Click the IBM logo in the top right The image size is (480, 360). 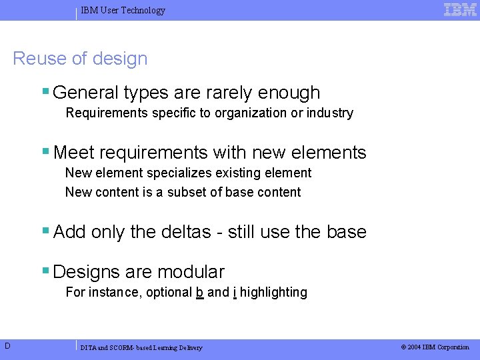460,9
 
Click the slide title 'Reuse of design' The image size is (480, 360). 80,59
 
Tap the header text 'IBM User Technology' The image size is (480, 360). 123,11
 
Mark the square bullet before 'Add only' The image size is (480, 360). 45,230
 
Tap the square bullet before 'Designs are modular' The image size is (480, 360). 45,270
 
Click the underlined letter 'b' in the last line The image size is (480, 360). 200,292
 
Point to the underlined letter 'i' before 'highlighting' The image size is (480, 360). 235,292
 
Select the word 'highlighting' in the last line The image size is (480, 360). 273,292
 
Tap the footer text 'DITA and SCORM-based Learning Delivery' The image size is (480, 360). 141,347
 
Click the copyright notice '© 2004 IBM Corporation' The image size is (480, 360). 435,347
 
